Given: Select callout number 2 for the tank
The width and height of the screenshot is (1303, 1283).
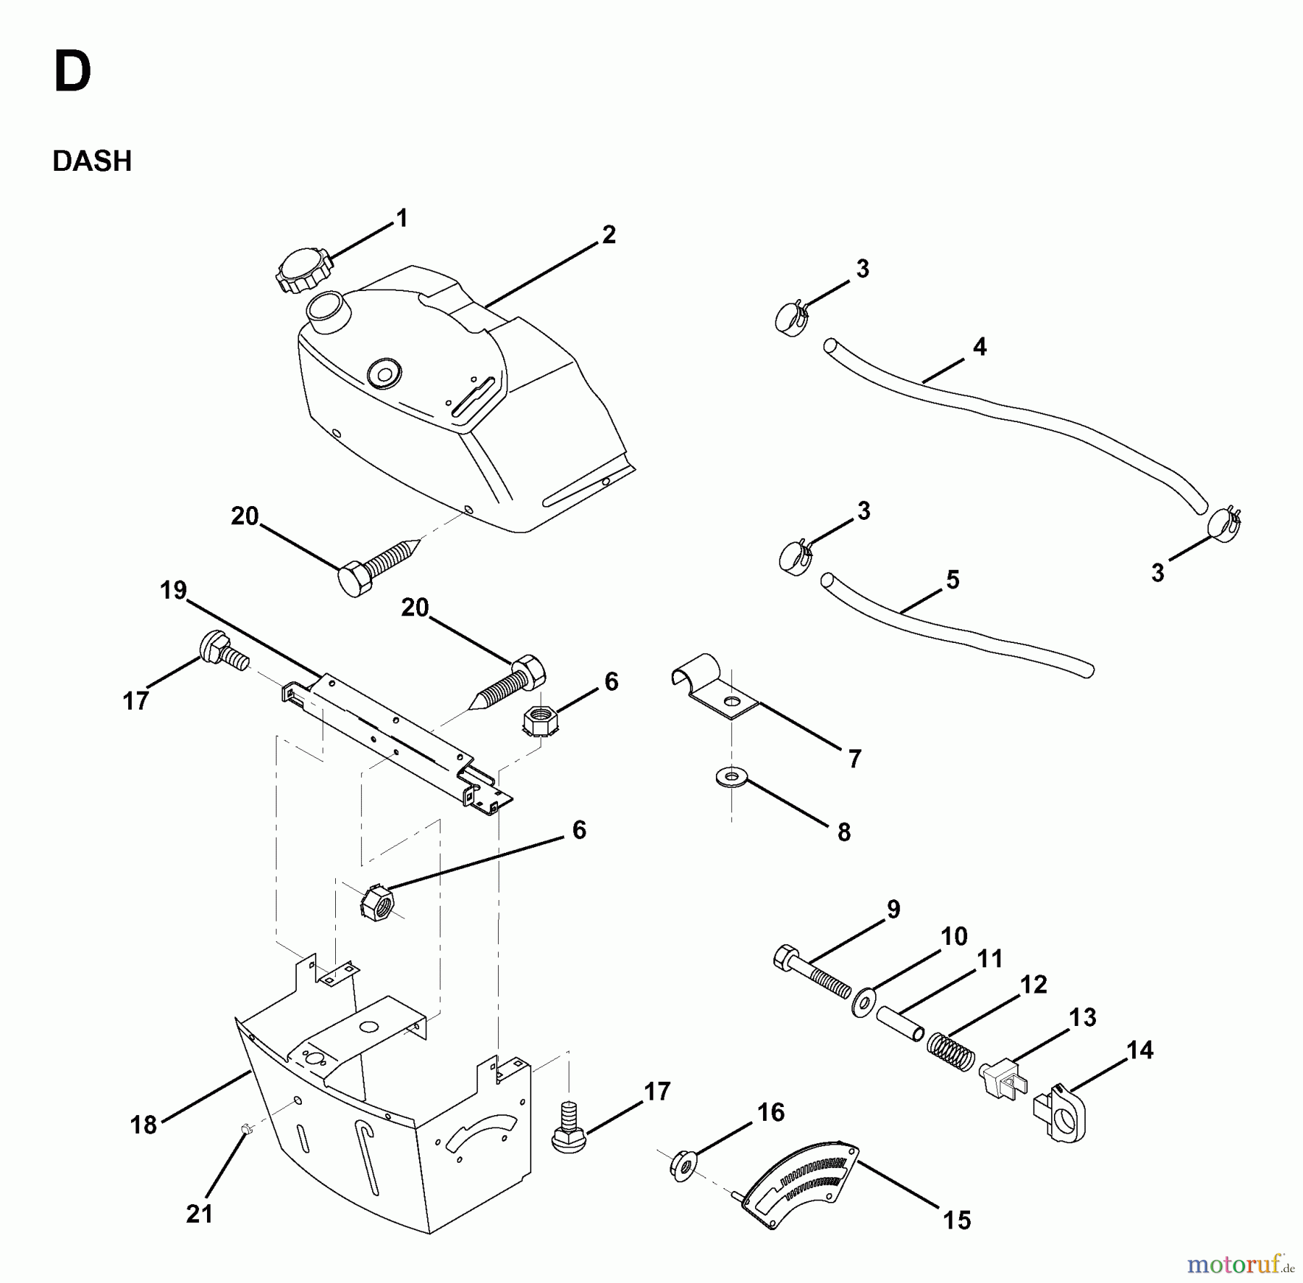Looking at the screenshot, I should [x=609, y=235].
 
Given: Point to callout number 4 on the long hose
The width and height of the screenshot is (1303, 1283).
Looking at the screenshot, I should [x=979, y=347].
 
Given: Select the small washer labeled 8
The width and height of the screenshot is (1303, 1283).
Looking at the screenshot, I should [x=733, y=777].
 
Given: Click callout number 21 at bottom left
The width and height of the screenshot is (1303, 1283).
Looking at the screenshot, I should [x=199, y=1213].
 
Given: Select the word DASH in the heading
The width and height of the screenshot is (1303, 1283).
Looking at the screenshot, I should [x=92, y=161].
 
